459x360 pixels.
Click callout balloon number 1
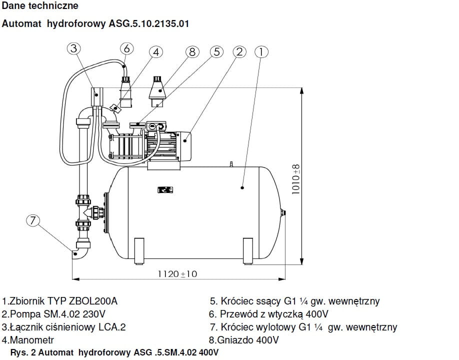click(261, 52)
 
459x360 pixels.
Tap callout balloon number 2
click(239, 52)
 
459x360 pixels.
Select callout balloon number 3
click(73, 48)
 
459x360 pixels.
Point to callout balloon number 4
click(156, 52)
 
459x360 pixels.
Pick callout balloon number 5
click(216, 52)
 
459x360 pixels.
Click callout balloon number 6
click(126, 48)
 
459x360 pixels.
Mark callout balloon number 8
click(192, 52)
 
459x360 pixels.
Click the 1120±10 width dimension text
click(177, 274)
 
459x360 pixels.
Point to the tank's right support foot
click(248, 249)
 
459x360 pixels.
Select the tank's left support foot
click(139, 249)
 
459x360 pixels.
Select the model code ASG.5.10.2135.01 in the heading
click(148, 23)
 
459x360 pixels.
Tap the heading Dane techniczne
click(40, 6)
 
